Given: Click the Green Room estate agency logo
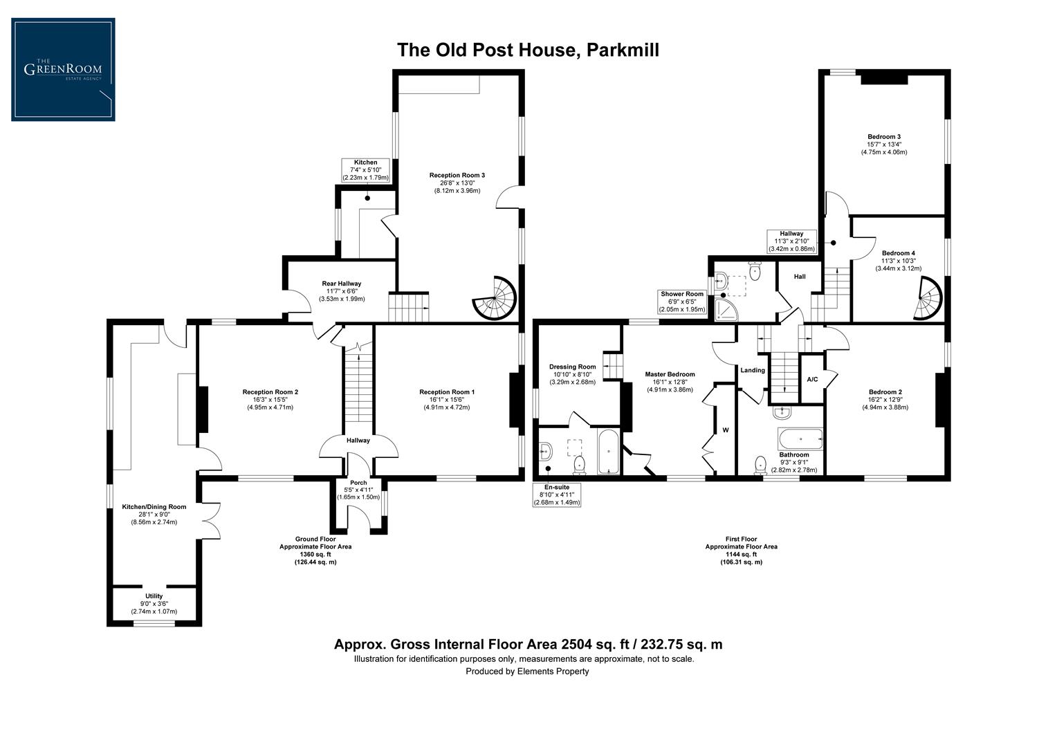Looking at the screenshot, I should point(63,70).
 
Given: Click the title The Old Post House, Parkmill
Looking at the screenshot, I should point(527,50).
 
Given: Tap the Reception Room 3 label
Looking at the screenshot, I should point(457,176).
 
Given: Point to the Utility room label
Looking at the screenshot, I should point(154,596).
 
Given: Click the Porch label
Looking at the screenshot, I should point(358,483).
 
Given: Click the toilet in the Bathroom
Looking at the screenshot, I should point(761,463).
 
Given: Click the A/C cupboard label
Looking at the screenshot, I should point(813,379).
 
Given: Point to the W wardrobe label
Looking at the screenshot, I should point(726,430).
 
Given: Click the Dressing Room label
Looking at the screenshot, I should point(572,367).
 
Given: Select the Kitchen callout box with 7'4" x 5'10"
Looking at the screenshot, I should point(366,170).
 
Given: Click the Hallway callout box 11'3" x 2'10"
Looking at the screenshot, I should point(791,241).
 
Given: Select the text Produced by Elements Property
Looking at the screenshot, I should point(527,671).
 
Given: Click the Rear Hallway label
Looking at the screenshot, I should point(341,284).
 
